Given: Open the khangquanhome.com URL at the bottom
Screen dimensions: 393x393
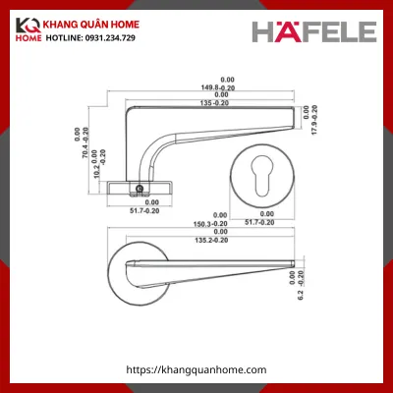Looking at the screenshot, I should click(197, 368).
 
